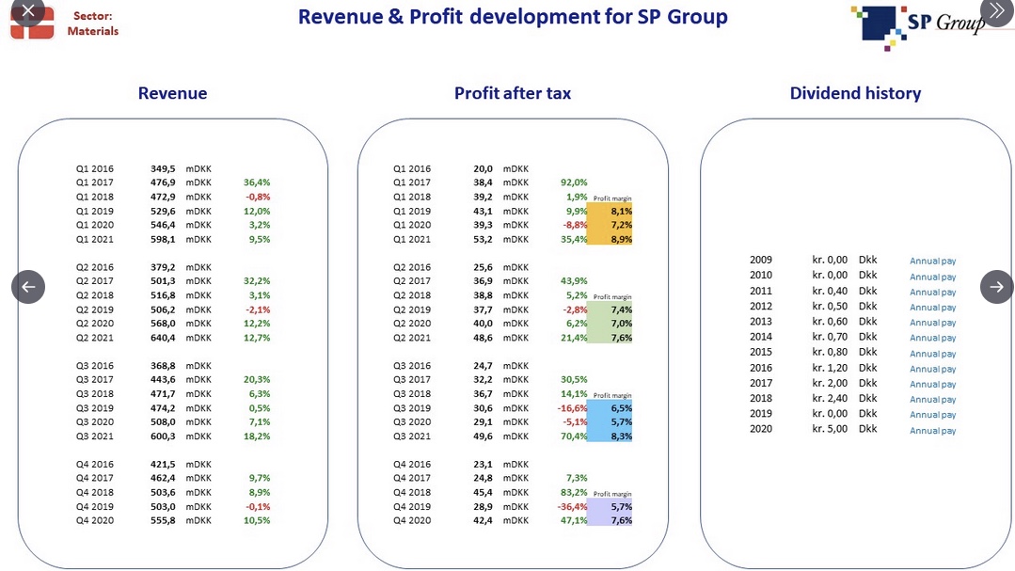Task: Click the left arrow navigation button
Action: point(28,287)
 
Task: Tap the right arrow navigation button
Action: point(997,287)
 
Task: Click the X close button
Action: point(28,9)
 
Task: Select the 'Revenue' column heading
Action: point(172,93)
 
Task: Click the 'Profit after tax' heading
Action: point(513,93)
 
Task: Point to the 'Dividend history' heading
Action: point(855,93)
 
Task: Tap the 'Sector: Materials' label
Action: point(92,24)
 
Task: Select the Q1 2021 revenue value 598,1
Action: point(163,240)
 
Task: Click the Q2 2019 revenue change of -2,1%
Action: point(258,309)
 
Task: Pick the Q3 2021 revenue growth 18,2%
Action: point(257,436)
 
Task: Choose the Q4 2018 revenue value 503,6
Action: point(163,492)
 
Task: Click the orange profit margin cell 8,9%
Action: point(622,240)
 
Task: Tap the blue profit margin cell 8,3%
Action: point(622,436)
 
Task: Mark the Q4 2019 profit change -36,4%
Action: point(573,506)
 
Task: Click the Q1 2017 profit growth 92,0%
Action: point(574,182)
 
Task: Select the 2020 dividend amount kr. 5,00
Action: point(830,429)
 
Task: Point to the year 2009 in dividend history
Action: point(761,260)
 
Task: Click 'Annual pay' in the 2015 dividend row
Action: point(933,354)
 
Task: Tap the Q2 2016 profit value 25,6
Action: point(483,267)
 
